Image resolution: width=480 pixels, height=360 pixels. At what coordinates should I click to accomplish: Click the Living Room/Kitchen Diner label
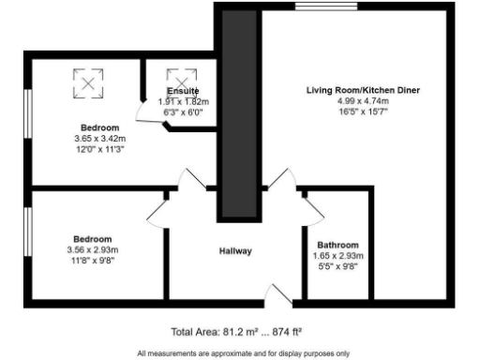(x=363, y=90)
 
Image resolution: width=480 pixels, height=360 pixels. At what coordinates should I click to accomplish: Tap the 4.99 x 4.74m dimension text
(x=363, y=101)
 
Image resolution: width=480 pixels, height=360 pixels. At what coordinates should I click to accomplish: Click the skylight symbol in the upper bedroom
(x=86, y=83)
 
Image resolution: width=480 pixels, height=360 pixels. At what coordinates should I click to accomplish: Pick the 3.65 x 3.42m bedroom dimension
(x=98, y=138)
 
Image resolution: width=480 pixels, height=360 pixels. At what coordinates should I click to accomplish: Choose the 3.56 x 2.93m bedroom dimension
(x=93, y=249)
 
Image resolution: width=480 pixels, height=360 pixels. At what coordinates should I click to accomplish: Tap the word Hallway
(x=235, y=251)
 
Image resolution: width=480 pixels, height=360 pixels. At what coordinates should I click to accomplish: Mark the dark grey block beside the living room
(x=238, y=112)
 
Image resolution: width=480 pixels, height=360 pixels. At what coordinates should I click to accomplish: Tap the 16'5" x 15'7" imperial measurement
(x=363, y=112)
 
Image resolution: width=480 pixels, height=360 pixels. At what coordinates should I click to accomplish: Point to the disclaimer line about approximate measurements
(x=243, y=352)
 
